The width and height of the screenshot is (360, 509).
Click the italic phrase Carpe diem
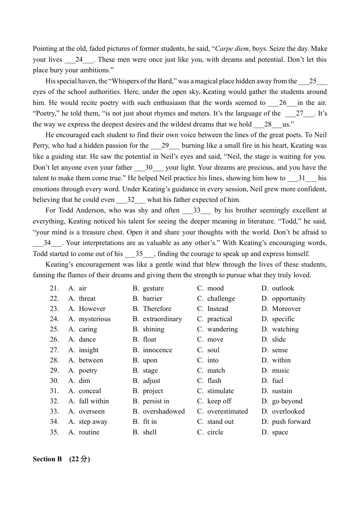232,48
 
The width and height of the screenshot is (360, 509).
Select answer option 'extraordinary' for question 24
162,319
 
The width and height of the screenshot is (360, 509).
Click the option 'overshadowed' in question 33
164,411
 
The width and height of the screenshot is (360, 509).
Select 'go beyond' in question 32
287,401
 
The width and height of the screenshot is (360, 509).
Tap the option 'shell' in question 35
150,432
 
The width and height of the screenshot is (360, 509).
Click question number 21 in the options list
54,288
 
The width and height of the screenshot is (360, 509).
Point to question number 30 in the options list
54,381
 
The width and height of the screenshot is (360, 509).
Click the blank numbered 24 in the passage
79,59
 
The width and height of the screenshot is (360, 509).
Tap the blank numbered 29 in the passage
165,145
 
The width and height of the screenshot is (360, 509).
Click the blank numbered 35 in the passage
139,254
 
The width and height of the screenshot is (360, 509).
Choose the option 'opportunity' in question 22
289,298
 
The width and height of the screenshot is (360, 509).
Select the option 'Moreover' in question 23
286,309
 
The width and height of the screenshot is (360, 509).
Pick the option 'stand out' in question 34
221,422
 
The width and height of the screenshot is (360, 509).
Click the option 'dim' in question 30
85,381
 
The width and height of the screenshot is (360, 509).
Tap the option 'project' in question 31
153,391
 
